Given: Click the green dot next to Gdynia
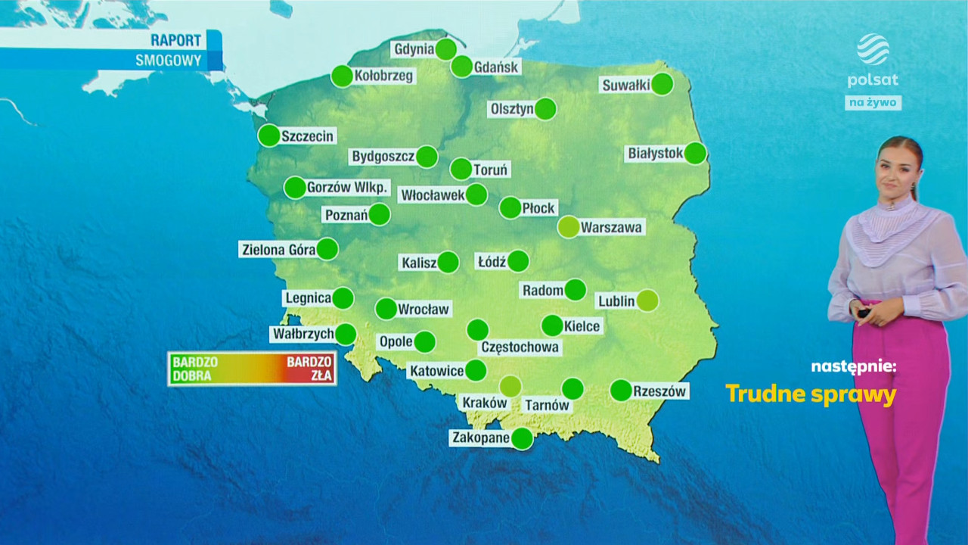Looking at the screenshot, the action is pyautogui.click(x=446, y=49).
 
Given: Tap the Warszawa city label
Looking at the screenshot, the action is pyautogui.click(x=611, y=226).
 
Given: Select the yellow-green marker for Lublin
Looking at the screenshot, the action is pyautogui.click(x=647, y=301).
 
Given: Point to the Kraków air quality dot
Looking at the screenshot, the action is pyautogui.click(x=510, y=386).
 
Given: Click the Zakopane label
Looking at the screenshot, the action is pyautogui.click(x=480, y=438).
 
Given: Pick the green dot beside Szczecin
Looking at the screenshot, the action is pyautogui.click(x=268, y=135).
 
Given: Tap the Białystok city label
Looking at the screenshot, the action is pyautogui.click(x=655, y=153).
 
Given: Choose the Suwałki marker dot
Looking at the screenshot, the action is pyautogui.click(x=662, y=84).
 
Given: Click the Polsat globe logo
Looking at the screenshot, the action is pyautogui.click(x=873, y=50).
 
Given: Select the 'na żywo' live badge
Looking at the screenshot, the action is pyautogui.click(x=873, y=102).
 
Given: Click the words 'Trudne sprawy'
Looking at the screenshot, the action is pyautogui.click(x=811, y=394).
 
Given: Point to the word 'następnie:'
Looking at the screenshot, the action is pyautogui.click(x=853, y=366).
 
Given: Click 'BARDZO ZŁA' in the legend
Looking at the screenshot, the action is pyautogui.click(x=309, y=368).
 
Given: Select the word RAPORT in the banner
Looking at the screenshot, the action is pyautogui.click(x=175, y=40).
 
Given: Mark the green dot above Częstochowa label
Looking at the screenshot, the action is pyautogui.click(x=477, y=330).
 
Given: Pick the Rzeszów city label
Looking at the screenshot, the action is pyautogui.click(x=659, y=391).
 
